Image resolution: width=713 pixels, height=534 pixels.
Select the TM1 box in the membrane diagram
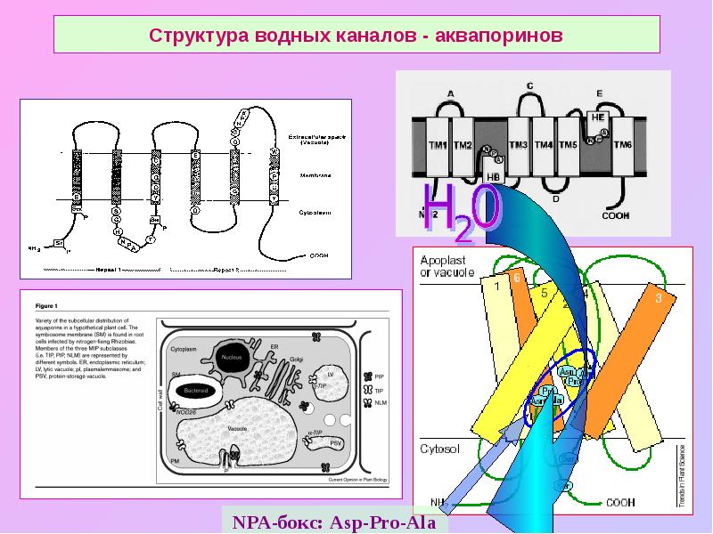437,145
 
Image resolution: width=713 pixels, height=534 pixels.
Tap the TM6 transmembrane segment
622,145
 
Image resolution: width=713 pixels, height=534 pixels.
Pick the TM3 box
518,145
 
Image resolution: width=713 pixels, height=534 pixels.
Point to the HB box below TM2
493,176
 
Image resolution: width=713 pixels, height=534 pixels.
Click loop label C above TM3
529,85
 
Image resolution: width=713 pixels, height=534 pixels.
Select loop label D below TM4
555,198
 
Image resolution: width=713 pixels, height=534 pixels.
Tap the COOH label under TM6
616,214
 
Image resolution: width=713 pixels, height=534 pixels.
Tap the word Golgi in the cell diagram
297,359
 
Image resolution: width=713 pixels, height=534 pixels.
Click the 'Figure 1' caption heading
45,305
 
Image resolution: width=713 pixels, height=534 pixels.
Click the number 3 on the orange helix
659,298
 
